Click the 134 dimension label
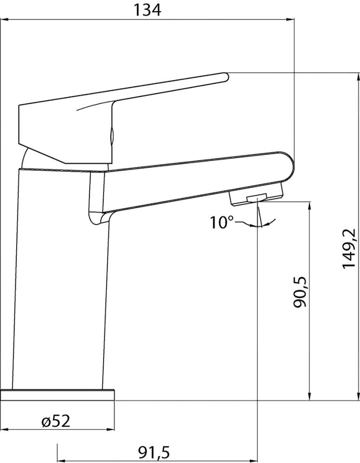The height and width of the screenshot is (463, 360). (x=148, y=10)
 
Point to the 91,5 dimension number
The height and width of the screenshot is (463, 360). (x=154, y=452)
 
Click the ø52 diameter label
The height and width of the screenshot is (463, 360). (x=56, y=421)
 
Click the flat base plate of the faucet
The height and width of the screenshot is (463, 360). (x=57, y=395)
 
